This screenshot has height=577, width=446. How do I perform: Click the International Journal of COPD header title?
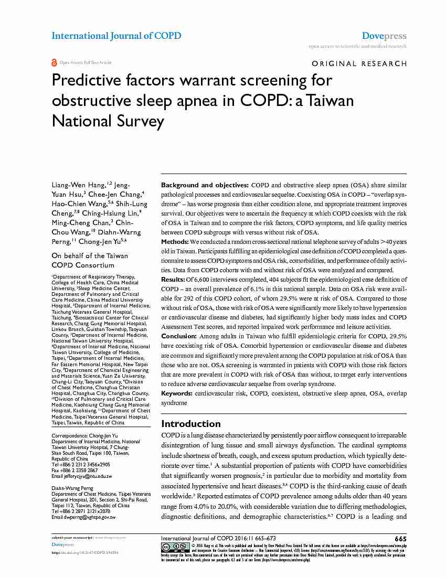116,36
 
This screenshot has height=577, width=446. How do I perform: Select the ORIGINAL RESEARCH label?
359,64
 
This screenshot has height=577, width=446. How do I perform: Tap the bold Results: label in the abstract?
173,279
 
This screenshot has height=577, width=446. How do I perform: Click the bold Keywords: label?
177,393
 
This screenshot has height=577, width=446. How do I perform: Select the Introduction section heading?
190,423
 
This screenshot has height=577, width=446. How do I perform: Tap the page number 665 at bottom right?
400,539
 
